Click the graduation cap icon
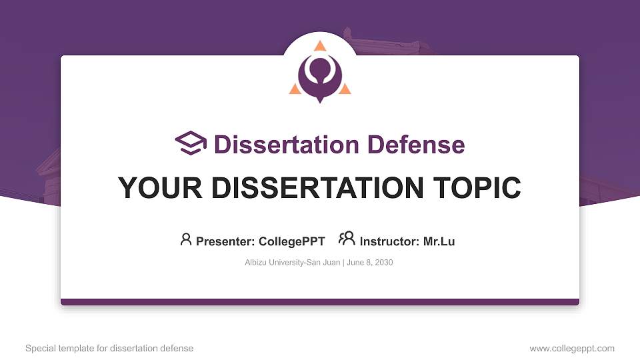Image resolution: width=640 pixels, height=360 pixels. (191, 143)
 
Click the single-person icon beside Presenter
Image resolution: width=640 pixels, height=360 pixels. (186, 239)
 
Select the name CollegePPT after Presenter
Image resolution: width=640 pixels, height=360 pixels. (291, 241)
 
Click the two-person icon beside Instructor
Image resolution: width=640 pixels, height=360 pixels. (347, 239)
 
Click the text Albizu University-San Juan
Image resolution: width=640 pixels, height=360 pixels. (293, 263)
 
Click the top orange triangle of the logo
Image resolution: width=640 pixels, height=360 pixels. (320, 46)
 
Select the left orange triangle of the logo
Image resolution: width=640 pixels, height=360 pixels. (295, 89)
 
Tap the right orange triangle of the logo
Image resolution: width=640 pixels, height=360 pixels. (345, 89)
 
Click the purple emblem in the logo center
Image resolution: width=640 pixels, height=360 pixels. (320, 75)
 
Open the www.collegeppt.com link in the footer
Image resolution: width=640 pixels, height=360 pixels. (572, 348)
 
